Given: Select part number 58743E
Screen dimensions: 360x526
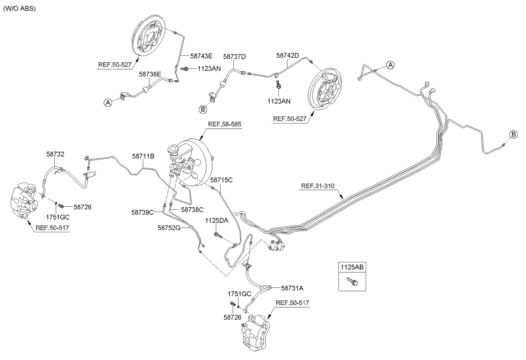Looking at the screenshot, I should click(x=201, y=56).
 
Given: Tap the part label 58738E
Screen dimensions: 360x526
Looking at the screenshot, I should click(x=151, y=74).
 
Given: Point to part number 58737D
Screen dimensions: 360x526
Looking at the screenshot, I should click(x=235, y=56).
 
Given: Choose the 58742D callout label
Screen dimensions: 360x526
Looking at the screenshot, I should click(x=288, y=56).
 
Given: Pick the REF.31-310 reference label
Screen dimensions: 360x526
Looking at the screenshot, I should click(x=318, y=186).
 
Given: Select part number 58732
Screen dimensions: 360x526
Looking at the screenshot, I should click(x=56, y=155).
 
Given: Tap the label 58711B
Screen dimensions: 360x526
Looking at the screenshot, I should click(x=143, y=156).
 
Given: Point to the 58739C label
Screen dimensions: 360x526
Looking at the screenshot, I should click(x=142, y=212).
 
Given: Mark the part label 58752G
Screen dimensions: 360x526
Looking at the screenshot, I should click(x=169, y=228).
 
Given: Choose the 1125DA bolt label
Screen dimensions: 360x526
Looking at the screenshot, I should click(x=217, y=220).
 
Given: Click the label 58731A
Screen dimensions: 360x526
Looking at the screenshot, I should click(x=292, y=288).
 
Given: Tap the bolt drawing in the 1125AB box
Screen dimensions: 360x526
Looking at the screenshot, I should click(x=352, y=281).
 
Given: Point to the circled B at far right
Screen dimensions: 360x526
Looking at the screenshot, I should click(x=513, y=135).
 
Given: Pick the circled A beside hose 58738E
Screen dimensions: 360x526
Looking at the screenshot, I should click(x=108, y=102).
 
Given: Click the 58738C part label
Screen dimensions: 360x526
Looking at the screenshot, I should click(x=193, y=209).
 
